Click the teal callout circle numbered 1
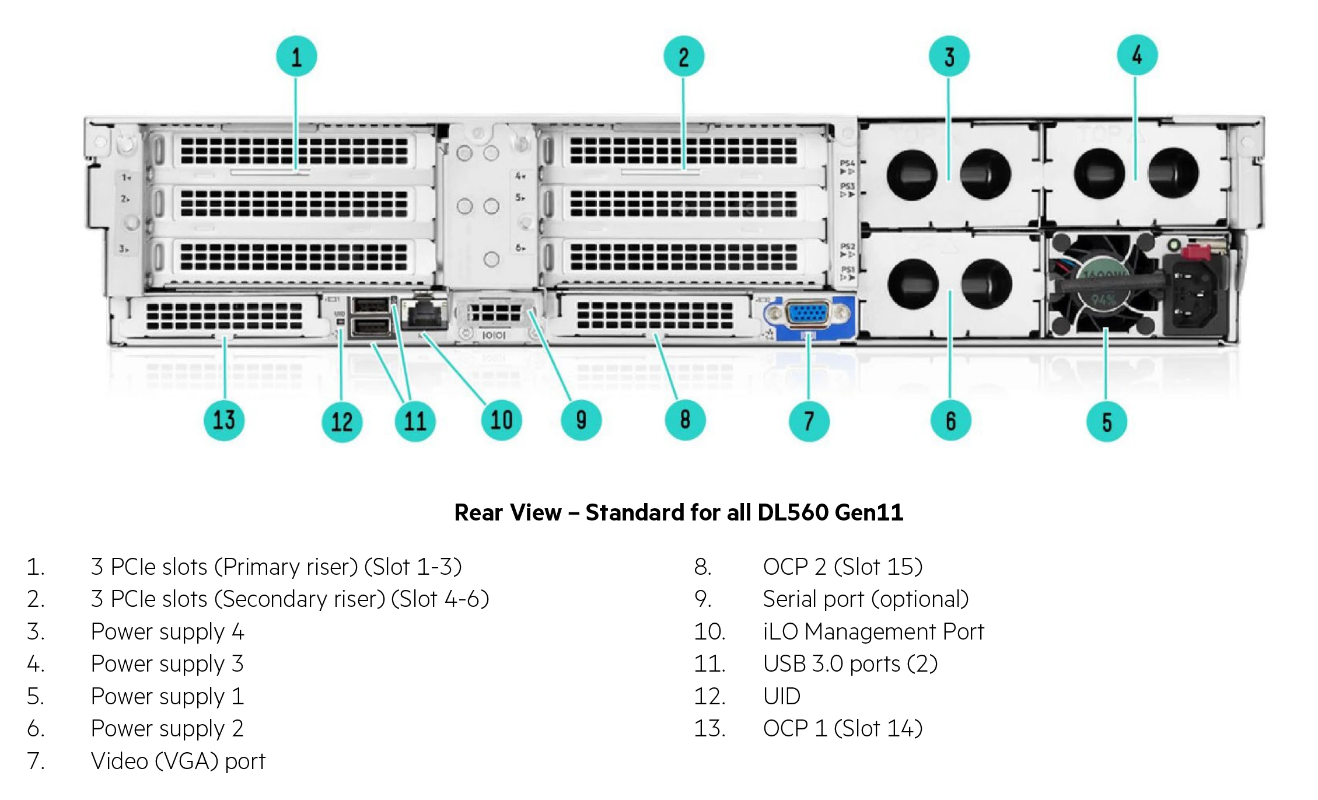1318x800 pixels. pyautogui.click(x=296, y=57)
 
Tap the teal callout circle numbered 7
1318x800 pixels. pyautogui.click(x=809, y=421)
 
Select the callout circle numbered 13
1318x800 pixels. pyautogui.click(x=224, y=420)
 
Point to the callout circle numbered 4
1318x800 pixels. pyautogui.click(x=1137, y=55)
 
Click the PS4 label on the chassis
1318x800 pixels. pyautogui.click(x=847, y=163)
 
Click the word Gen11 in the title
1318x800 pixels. pyautogui.click(x=869, y=512)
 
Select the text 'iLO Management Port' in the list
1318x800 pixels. pyautogui.click(x=873, y=632)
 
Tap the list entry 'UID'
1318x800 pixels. pyautogui.click(x=782, y=696)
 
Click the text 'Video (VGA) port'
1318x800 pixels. pyautogui.click(x=178, y=761)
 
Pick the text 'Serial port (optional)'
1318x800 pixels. pyautogui.click(x=866, y=599)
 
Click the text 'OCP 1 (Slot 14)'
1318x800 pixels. pyautogui.click(x=842, y=728)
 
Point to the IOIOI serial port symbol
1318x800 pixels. pyautogui.click(x=494, y=335)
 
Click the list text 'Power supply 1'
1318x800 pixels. pyautogui.click(x=167, y=696)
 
